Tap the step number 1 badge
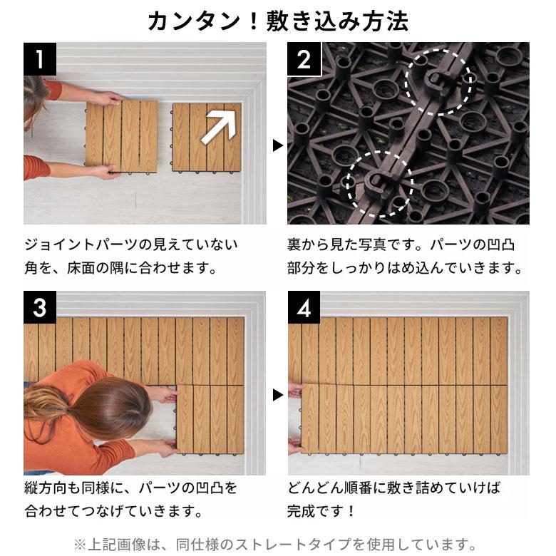point(40,58)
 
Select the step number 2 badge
point(304,58)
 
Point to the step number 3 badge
point(40,307)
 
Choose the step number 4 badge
point(304,307)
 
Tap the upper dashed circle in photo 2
point(438,81)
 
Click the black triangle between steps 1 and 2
point(278,145)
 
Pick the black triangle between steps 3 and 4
point(278,394)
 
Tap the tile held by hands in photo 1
point(121,135)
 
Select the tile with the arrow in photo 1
point(207,137)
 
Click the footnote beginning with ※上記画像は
point(278,543)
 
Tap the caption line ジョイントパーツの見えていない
point(131,244)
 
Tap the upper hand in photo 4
point(295,390)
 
